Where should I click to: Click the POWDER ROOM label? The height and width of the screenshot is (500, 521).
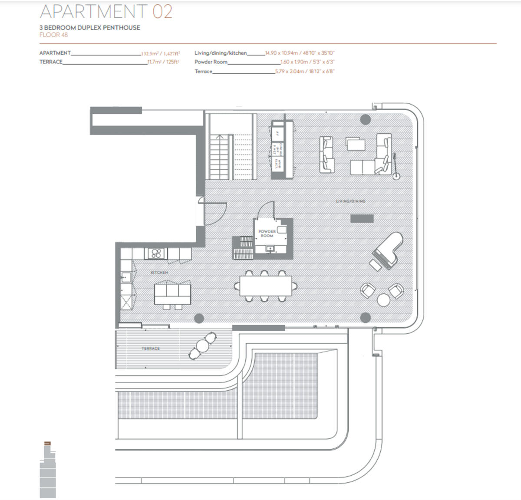point(267,234)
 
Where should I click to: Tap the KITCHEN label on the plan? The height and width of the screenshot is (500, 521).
point(159,273)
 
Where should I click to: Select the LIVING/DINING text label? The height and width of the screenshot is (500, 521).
point(350,201)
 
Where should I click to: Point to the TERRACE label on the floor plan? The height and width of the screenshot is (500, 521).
point(150,349)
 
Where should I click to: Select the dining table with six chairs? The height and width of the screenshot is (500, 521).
point(265,286)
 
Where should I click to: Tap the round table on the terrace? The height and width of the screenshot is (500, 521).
point(203,346)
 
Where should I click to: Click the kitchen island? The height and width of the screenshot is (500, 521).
point(172,293)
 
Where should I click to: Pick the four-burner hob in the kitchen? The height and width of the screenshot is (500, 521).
point(155,253)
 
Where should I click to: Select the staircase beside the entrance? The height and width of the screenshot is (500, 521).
point(230,157)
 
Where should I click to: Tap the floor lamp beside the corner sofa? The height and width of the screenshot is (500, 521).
point(396,176)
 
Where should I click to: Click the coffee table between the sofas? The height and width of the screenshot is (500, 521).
point(356,144)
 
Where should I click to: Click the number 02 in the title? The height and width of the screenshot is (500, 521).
point(162,11)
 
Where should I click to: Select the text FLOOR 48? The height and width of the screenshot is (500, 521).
point(53,35)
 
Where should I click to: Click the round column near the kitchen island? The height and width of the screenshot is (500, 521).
point(198,318)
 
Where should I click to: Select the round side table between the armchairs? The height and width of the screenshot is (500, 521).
point(384,300)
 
